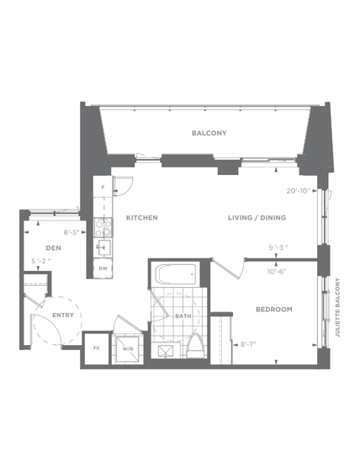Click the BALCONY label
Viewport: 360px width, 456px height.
point(209,133)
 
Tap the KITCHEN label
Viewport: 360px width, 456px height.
point(142,218)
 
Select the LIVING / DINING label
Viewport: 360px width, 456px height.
point(257,218)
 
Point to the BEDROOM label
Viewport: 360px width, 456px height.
point(274,310)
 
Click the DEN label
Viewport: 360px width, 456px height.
point(54,248)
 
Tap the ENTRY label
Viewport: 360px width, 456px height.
point(63,315)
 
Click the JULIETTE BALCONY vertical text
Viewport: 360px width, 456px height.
point(337,307)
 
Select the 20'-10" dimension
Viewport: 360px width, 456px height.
point(298,191)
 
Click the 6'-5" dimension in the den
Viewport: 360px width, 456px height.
point(71,232)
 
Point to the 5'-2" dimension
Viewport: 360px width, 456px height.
point(40,261)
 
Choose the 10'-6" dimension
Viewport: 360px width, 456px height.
point(277,272)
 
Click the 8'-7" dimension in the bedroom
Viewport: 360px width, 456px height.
point(248,345)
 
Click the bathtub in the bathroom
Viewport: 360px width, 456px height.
point(176,274)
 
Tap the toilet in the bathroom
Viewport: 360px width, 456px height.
point(196,346)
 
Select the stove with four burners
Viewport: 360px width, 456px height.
point(103,228)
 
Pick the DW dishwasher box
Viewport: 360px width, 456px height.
point(103,268)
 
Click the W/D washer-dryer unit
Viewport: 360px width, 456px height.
point(128,348)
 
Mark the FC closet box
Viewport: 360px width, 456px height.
point(96,348)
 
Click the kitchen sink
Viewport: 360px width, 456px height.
point(103,248)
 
